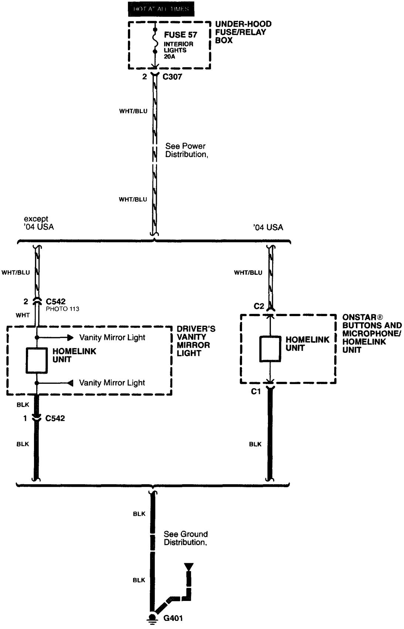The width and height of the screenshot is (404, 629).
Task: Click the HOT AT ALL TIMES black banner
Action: [161, 9]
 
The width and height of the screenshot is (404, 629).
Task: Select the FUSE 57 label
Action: [180, 35]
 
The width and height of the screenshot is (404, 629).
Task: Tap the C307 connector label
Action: [172, 77]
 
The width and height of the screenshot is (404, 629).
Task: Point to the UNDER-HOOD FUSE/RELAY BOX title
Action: [243, 32]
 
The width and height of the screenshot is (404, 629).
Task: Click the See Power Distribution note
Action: [187, 150]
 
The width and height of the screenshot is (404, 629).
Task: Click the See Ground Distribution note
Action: [186, 538]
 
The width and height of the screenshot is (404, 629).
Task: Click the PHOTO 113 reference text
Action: [62, 309]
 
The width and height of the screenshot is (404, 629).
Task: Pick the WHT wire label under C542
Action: [23, 315]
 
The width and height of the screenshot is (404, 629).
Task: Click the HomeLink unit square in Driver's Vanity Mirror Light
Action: [36, 360]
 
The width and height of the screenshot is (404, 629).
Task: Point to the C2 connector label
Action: [259, 306]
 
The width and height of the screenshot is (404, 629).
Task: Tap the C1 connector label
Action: [256, 392]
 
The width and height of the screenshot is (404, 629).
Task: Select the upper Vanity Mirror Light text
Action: [112, 338]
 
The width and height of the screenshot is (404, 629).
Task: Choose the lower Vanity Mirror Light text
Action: [112, 383]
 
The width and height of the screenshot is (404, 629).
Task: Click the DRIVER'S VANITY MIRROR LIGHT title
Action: [196, 341]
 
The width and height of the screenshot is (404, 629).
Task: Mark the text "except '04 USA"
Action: [39, 223]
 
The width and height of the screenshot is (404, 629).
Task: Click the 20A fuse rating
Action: [170, 57]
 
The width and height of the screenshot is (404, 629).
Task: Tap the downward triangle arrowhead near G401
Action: [189, 567]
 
